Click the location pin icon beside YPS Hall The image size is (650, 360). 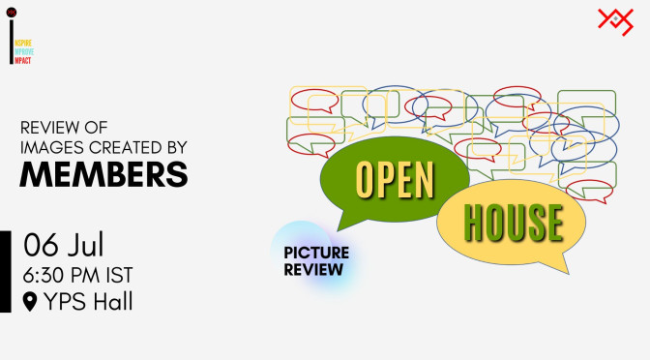pyautogui.click(x=29, y=303)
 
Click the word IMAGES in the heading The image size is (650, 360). pyautogui.click(x=52, y=146)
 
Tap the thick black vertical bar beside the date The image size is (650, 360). pyautogui.click(x=6, y=271)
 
